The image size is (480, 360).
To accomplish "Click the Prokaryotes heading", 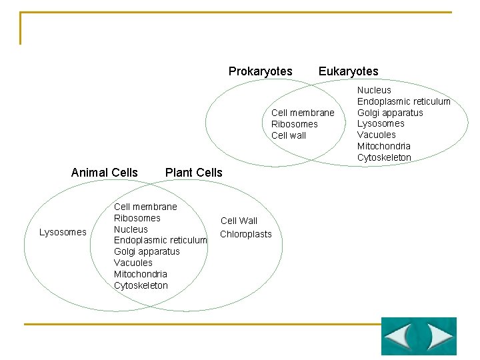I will pos(260,71).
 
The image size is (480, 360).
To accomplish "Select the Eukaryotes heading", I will pos(348,71).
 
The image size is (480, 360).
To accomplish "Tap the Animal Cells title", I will pos(104,173).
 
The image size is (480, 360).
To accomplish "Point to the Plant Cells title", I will pos(193,173).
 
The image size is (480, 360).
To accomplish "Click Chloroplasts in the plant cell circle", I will pos(246,234).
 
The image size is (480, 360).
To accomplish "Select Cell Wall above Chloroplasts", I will pos(239,221).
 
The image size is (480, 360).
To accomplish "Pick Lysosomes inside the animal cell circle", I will pos(63,232).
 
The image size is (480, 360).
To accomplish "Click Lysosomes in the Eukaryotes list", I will pos(381,123).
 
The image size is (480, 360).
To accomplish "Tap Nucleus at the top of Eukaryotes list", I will pos(374,90).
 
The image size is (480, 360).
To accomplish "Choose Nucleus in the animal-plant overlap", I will pos(131,229).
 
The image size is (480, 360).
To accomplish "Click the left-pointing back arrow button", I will pos(400,336).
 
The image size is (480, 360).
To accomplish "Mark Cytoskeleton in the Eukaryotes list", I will pos(384,157).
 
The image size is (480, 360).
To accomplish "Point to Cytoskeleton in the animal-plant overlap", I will pos(141,285).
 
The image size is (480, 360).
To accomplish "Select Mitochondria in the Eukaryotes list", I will pos(383,146).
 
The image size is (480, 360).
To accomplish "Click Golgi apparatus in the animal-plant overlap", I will pos(147,251).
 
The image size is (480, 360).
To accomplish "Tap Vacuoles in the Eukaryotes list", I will pos(376,135).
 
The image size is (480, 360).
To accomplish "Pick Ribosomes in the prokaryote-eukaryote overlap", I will pos(294,124).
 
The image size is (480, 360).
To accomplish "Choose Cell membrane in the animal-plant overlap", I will pos(145,207).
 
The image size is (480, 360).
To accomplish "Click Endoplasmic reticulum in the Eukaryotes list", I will pos(403,101).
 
